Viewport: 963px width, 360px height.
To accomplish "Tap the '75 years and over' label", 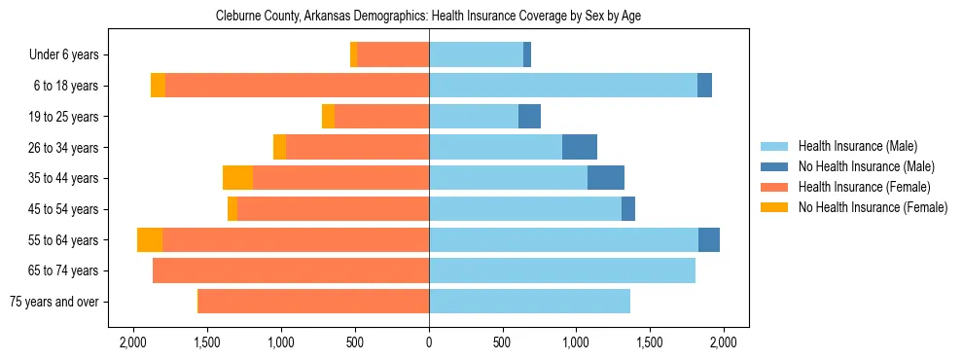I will [53, 302].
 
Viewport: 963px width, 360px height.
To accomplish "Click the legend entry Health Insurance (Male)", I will [857, 146].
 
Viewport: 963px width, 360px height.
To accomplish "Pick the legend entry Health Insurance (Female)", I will [864, 187].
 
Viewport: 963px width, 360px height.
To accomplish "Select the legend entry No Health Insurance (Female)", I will [873, 207].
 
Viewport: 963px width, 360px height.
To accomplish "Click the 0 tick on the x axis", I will [429, 342].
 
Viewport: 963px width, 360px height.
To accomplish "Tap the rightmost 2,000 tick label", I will [723, 342].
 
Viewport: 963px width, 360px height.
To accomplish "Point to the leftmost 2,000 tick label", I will [133, 342].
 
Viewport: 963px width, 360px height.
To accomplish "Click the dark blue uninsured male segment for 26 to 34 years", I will [580, 147].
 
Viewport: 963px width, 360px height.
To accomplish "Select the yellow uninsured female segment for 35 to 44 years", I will [237, 178].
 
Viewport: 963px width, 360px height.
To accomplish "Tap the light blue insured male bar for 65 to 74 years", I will [562, 270].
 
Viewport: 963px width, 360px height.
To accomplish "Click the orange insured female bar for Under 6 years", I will [393, 55].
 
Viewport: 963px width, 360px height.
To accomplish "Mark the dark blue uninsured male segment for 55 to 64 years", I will [709, 239].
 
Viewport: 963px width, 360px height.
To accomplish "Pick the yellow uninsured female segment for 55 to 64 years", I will [150, 239].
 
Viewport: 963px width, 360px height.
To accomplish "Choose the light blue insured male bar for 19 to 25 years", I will [474, 117].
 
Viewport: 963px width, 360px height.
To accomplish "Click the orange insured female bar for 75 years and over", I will [313, 302].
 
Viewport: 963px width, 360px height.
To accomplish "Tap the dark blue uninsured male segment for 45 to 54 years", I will [628, 209].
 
